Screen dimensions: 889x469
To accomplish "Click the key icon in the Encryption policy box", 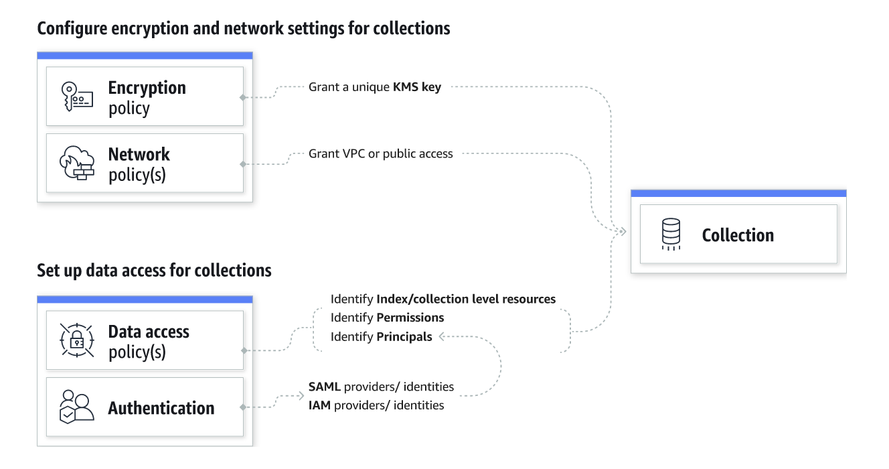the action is pyautogui.click(x=77, y=96).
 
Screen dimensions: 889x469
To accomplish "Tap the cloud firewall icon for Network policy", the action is pyautogui.click(x=77, y=163).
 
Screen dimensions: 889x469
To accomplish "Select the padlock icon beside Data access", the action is pyautogui.click(x=77, y=340).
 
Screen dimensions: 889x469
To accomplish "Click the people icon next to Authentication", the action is pyautogui.click(x=76, y=407).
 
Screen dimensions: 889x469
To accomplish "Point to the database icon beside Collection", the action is pyautogui.click(x=671, y=234).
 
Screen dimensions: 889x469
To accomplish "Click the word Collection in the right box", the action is pyautogui.click(x=738, y=235).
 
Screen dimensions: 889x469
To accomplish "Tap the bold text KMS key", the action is pyautogui.click(x=416, y=87).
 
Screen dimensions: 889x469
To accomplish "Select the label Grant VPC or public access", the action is pyautogui.click(x=381, y=153).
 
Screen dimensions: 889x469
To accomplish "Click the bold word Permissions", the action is pyautogui.click(x=410, y=318).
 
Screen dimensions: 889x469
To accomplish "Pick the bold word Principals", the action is pyautogui.click(x=404, y=337).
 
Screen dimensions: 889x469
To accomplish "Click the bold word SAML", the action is pyautogui.click(x=324, y=387).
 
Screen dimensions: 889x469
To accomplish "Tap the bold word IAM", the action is pyautogui.click(x=319, y=405).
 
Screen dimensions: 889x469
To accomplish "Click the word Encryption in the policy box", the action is pyautogui.click(x=147, y=88).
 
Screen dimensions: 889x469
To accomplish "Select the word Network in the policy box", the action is pyautogui.click(x=139, y=155).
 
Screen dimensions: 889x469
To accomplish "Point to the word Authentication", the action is pyautogui.click(x=161, y=408).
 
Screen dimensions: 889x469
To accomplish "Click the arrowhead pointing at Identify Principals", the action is pyautogui.click(x=441, y=337).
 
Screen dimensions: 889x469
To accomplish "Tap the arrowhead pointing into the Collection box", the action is pyautogui.click(x=623, y=232).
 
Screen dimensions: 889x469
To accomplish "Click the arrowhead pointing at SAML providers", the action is pyautogui.click(x=301, y=395).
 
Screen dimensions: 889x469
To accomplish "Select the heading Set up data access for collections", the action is pyautogui.click(x=154, y=271).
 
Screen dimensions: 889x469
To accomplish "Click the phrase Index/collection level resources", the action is pyautogui.click(x=466, y=299).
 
